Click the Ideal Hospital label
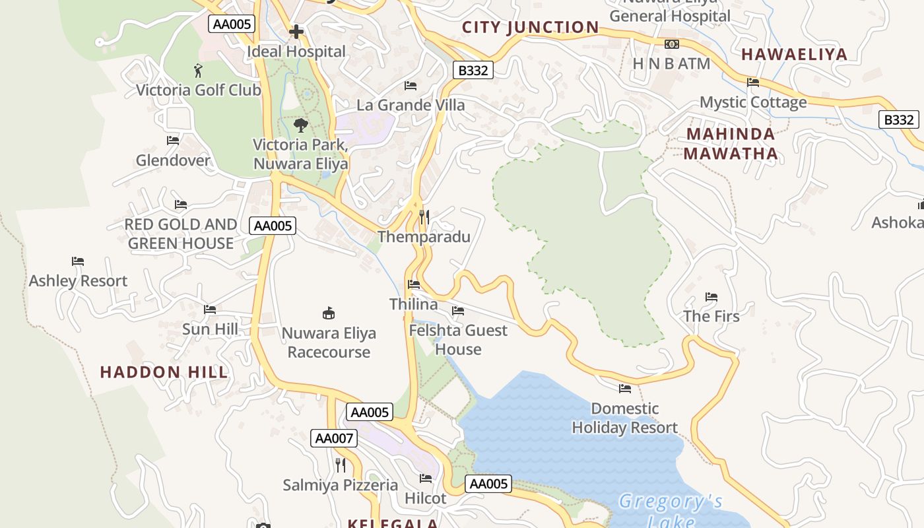coord(296,51)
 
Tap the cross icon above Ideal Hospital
coord(296,31)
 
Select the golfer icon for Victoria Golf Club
coord(198,69)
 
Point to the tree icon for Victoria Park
coord(300,125)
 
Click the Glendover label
coord(172,160)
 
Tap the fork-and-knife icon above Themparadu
coord(424,216)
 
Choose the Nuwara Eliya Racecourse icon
coord(328,313)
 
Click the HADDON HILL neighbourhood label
coord(164,372)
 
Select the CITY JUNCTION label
coord(530,28)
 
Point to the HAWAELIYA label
coord(794,55)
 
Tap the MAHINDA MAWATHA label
coord(731,144)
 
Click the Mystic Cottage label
coord(753,102)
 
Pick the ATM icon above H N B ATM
coord(671,44)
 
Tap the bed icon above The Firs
coord(711,297)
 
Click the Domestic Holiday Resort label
coord(624,418)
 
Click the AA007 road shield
coord(334,438)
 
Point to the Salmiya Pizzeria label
coord(340,485)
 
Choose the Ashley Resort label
coord(78,281)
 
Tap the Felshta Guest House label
coord(458,339)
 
